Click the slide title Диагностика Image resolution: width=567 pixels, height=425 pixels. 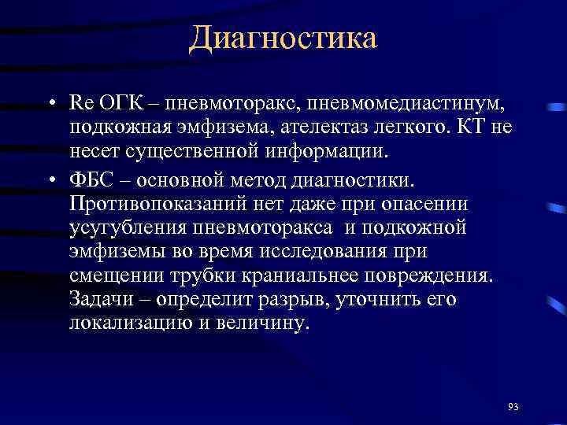283,37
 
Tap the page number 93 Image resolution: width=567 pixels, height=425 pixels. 513,406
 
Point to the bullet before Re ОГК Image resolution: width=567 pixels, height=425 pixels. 50,105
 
